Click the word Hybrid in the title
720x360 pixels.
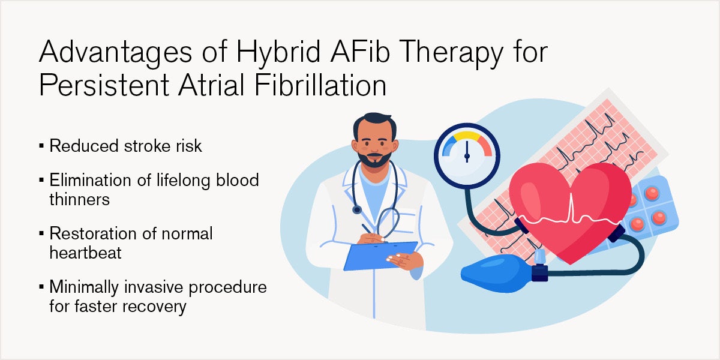pyautogui.click(x=278, y=53)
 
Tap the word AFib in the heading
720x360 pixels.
pyautogui.click(x=359, y=51)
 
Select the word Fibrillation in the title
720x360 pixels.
pyautogui.click(x=320, y=85)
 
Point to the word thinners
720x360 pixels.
pyautogui.click(x=79, y=199)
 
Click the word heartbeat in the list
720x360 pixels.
pyautogui.click(x=85, y=253)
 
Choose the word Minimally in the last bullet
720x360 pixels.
pyautogui.click(x=84, y=287)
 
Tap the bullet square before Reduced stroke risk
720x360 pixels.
pyautogui.click(x=41, y=146)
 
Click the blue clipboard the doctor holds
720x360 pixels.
pyautogui.click(x=380, y=256)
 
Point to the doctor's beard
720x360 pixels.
pyautogui.click(x=374, y=160)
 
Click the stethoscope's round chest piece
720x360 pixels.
pyautogui.click(x=357, y=210)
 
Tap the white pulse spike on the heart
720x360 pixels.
pyautogui.click(x=571, y=208)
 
